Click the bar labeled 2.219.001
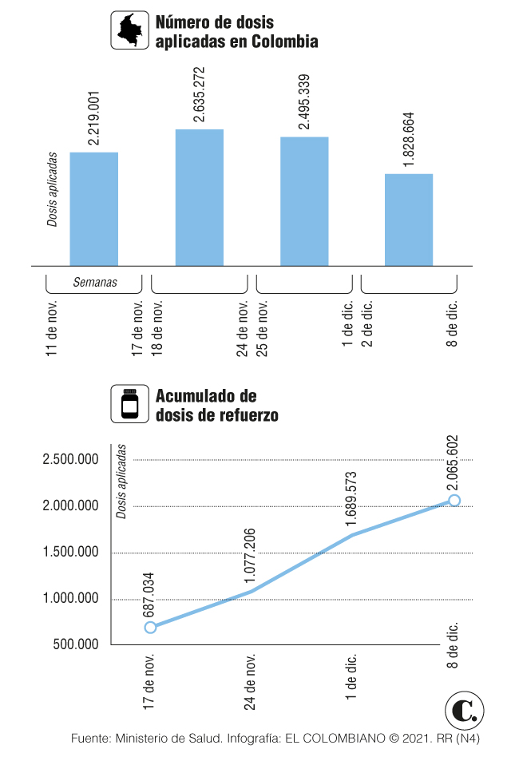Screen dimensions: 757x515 pyautogui.click(x=94, y=208)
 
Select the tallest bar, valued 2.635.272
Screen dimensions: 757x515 pyautogui.click(x=199, y=197)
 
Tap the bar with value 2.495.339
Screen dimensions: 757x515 pyautogui.click(x=304, y=201)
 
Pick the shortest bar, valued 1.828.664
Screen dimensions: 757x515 pyautogui.click(x=409, y=220)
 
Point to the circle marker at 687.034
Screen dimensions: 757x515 pyautogui.click(x=150, y=627)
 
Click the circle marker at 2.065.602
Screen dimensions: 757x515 pyautogui.click(x=454, y=500)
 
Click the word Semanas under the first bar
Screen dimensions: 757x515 pyautogui.click(x=95, y=282)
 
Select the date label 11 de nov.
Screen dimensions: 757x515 pyautogui.click(x=53, y=327)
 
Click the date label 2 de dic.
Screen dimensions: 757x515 pyautogui.click(x=368, y=323)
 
